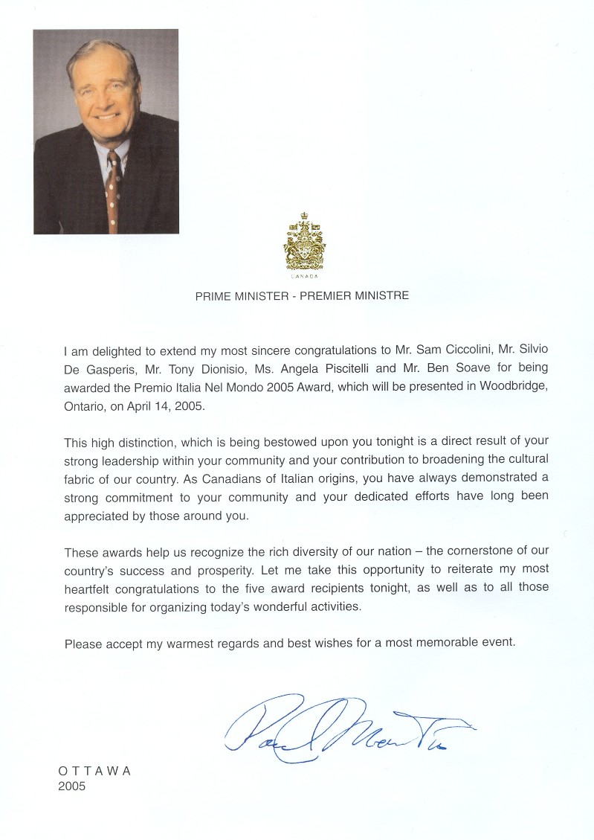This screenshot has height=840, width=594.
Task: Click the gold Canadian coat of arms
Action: click(x=302, y=243)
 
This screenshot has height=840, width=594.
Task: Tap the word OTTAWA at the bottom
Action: click(x=94, y=772)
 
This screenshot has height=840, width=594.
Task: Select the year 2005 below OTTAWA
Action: click(x=71, y=786)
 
